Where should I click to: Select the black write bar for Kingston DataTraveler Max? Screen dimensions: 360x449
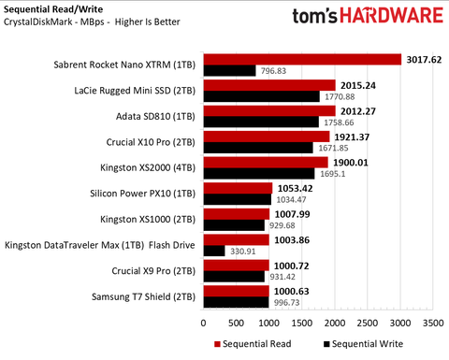214,251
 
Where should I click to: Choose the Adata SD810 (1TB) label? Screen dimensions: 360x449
154,116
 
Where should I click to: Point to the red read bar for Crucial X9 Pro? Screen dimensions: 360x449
237,265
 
